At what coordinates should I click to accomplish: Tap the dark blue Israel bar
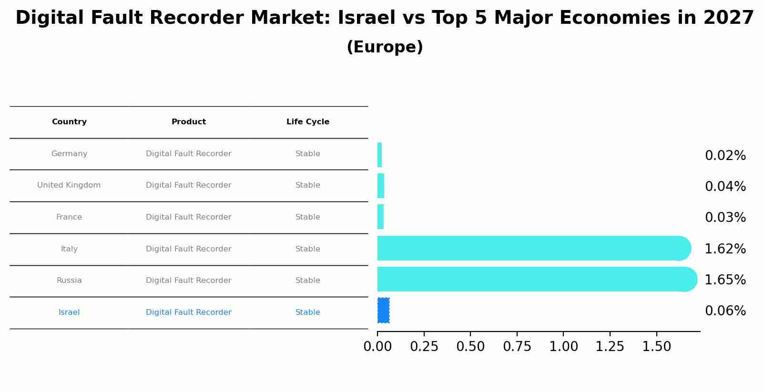[383, 311]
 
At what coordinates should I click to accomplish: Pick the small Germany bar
[379, 155]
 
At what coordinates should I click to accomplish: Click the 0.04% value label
[725, 187]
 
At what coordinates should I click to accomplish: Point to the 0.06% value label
[725, 311]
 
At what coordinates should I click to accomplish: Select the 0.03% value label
[725, 218]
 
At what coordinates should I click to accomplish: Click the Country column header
[69, 122]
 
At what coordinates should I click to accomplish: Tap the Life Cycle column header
[307, 122]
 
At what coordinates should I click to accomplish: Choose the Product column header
[188, 122]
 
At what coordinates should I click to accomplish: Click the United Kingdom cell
[69, 185]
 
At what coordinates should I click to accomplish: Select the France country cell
[69, 217]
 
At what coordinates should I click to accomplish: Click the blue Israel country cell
[69, 312]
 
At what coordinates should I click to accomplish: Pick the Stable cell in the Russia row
[307, 281]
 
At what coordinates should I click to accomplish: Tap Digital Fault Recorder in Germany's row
[188, 154]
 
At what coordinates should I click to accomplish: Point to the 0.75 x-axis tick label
[517, 347]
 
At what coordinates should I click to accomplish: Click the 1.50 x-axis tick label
[656, 347]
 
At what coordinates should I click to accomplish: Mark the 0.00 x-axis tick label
[377, 347]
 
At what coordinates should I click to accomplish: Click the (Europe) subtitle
[385, 47]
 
